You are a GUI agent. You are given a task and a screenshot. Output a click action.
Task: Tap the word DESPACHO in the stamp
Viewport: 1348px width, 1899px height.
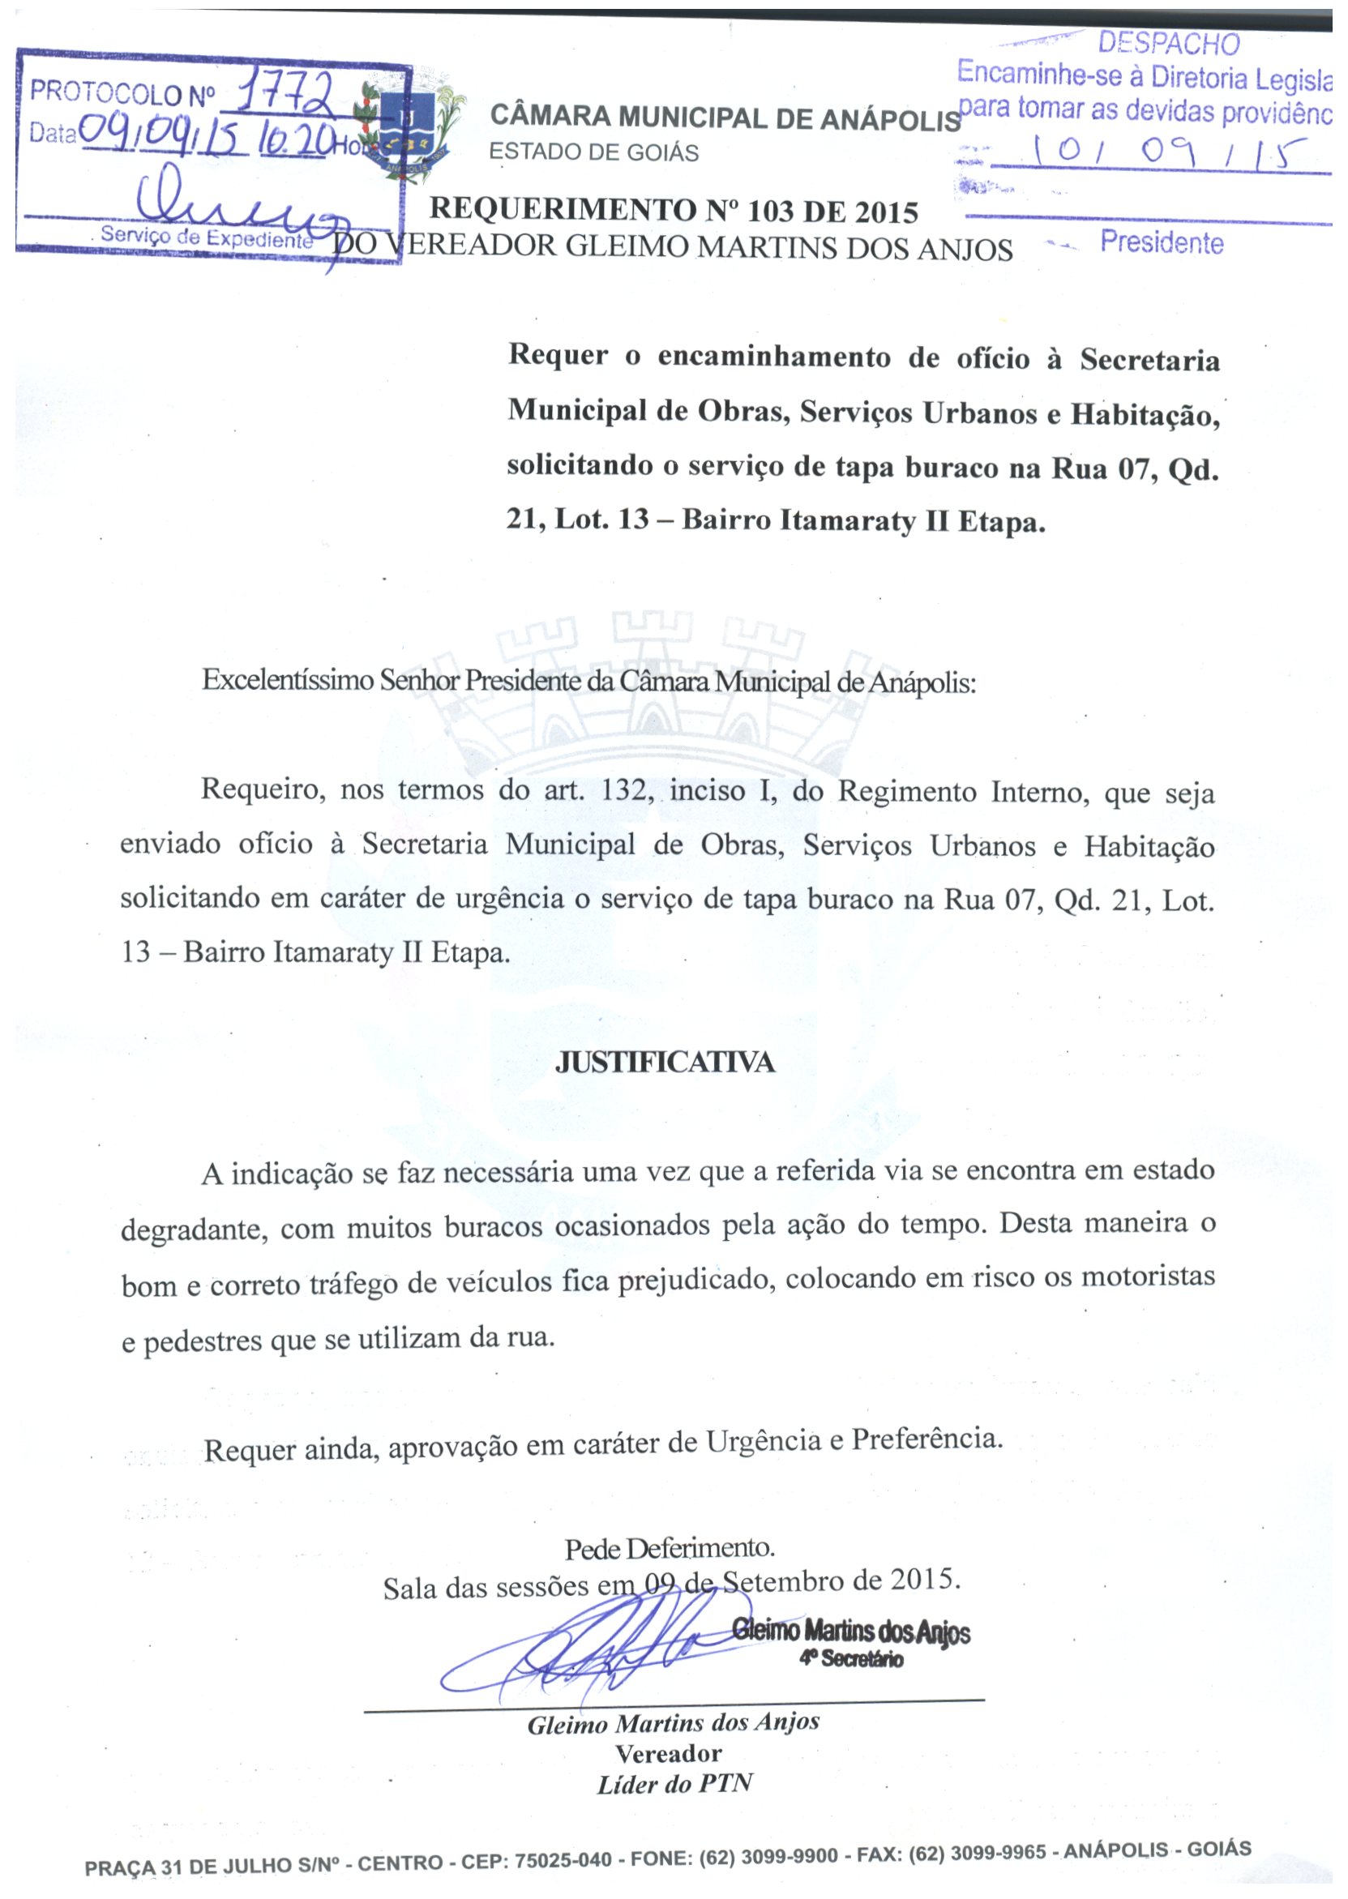pyautogui.click(x=1169, y=43)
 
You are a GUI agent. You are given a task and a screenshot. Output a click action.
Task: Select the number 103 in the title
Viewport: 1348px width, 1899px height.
pyautogui.click(x=770, y=212)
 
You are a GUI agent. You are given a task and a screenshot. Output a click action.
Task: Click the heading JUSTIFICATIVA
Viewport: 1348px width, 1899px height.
pyautogui.click(x=665, y=1063)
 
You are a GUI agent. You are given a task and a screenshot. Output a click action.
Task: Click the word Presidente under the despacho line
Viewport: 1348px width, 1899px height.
pyautogui.click(x=1162, y=242)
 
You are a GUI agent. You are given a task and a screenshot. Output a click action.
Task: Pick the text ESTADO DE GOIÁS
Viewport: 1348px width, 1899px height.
pyautogui.click(x=593, y=152)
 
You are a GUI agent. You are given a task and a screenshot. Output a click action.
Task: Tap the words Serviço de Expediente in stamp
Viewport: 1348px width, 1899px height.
pyautogui.click(x=206, y=237)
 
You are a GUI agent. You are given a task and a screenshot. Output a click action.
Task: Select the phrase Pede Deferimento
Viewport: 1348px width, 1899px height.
pyautogui.click(x=670, y=1548)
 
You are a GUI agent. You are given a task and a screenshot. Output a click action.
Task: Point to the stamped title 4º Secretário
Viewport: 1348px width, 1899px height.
pyautogui.click(x=851, y=1659)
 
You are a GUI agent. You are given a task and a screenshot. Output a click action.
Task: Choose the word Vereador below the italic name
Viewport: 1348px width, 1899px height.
pyautogui.click(x=668, y=1754)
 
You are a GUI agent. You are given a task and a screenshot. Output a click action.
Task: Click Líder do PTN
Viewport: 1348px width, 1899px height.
pyautogui.click(x=674, y=1785)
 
